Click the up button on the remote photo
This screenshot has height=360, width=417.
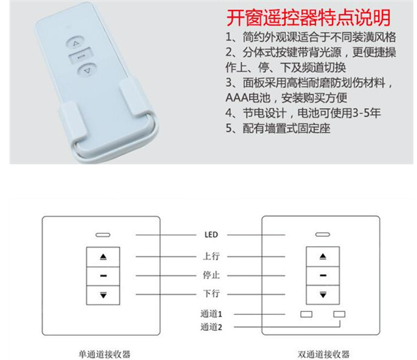[x=75, y=43]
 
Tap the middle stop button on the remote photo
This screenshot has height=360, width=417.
[x=80, y=56]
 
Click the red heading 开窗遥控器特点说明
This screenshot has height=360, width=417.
[x=308, y=18]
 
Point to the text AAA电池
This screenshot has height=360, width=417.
[x=248, y=98]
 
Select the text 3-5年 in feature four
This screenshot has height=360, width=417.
[x=367, y=113]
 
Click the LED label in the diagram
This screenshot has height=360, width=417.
[x=211, y=234]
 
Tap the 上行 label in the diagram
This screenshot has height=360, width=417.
[x=211, y=256]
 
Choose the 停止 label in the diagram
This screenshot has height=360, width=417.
[x=211, y=275]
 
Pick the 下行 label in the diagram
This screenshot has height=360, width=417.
[x=211, y=294]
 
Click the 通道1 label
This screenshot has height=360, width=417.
[x=211, y=314]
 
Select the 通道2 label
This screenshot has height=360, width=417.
[x=211, y=326]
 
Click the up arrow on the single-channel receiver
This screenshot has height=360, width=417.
[x=103, y=257]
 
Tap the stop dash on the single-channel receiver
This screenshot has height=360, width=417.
[x=103, y=276]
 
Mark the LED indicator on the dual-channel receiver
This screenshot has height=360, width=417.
[x=323, y=234]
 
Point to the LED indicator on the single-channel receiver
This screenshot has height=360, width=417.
[x=103, y=235]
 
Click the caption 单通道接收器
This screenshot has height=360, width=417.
[x=104, y=354]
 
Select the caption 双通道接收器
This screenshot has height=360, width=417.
[x=324, y=354]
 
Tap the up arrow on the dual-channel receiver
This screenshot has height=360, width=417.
[x=323, y=256]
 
